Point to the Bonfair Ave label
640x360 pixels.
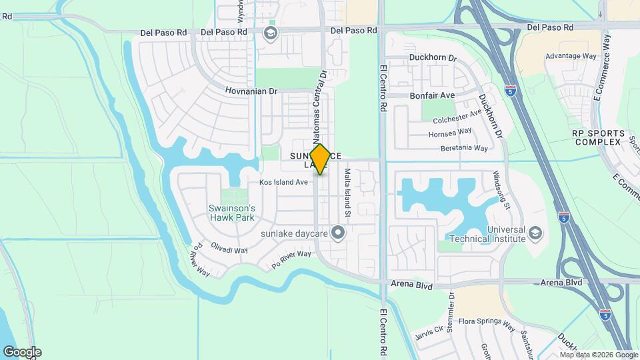point(432,95)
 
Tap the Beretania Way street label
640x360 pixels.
point(465,147)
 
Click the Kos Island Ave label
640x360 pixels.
point(283,182)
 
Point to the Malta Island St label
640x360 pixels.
point(347,193)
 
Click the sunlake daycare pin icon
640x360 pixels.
point(338,233)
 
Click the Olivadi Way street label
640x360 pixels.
point(230,249)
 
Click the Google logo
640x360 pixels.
point(22,352)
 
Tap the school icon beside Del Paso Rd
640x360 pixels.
point(271,33)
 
